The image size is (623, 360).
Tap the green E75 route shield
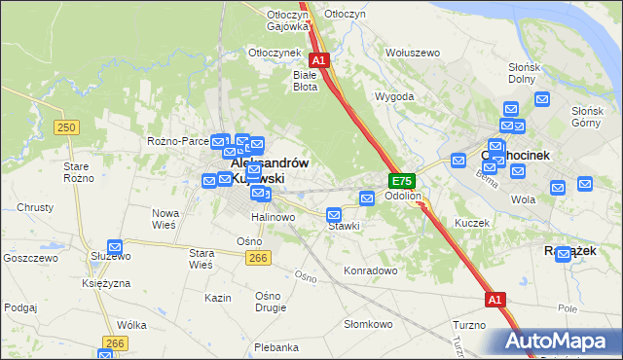pos(402,181)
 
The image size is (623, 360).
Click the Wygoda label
pos(394,97)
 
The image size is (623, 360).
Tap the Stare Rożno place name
pos(79,172)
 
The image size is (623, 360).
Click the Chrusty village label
pos(34,208)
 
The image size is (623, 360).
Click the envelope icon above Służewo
pos(115,247)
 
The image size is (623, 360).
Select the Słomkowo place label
pos(368,323)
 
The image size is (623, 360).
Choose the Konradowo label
pos(371,270)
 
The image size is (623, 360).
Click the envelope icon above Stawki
pos(334,214)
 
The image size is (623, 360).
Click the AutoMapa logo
pos(558,342)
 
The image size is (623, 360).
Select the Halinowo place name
pos(273,217)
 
